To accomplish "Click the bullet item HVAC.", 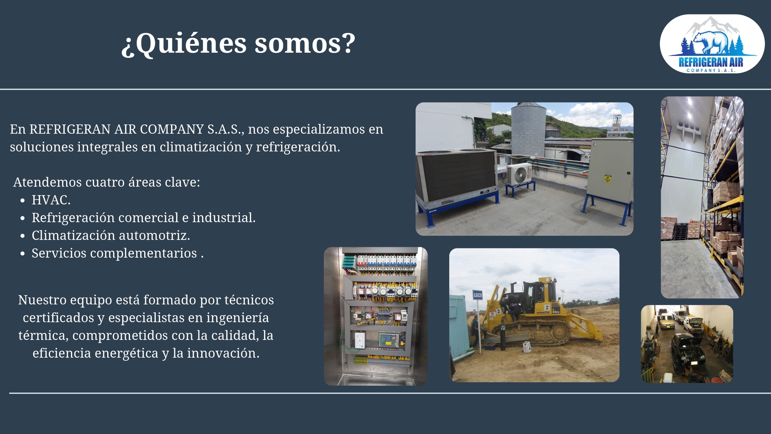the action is (51, 200).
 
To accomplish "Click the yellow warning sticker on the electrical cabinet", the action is (608, 179).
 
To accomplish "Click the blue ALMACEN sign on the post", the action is (478, 295).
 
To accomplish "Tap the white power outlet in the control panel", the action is (360, 340).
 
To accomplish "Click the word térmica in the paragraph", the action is (44, 335).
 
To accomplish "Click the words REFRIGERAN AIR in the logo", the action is (711, 62).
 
